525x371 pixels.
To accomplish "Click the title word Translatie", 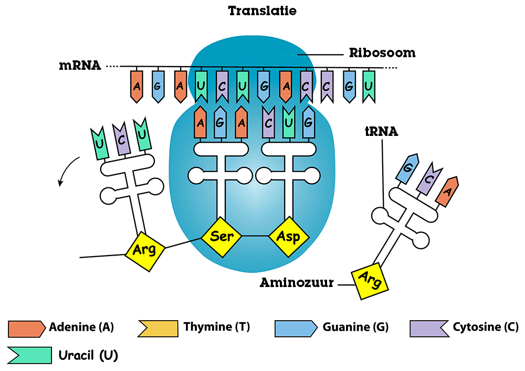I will point(262,10).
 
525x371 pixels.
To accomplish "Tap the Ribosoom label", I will point(382,53).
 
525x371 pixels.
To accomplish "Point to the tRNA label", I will point(382,132).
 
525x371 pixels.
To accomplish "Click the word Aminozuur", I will point(297,283).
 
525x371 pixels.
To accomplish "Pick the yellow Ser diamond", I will point(222,237).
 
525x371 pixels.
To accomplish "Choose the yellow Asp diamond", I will point(288,237).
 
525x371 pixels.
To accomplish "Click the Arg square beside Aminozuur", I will point(370,282).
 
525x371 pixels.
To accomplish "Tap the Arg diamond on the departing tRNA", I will point(145,249).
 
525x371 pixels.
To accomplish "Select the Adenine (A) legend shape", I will point(26,328).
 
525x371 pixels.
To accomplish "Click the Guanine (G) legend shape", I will point(296,328).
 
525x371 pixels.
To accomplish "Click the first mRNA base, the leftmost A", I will point(136,85).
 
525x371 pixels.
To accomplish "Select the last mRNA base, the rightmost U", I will point(369,85).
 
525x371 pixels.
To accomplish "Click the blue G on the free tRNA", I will point(408,168).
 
